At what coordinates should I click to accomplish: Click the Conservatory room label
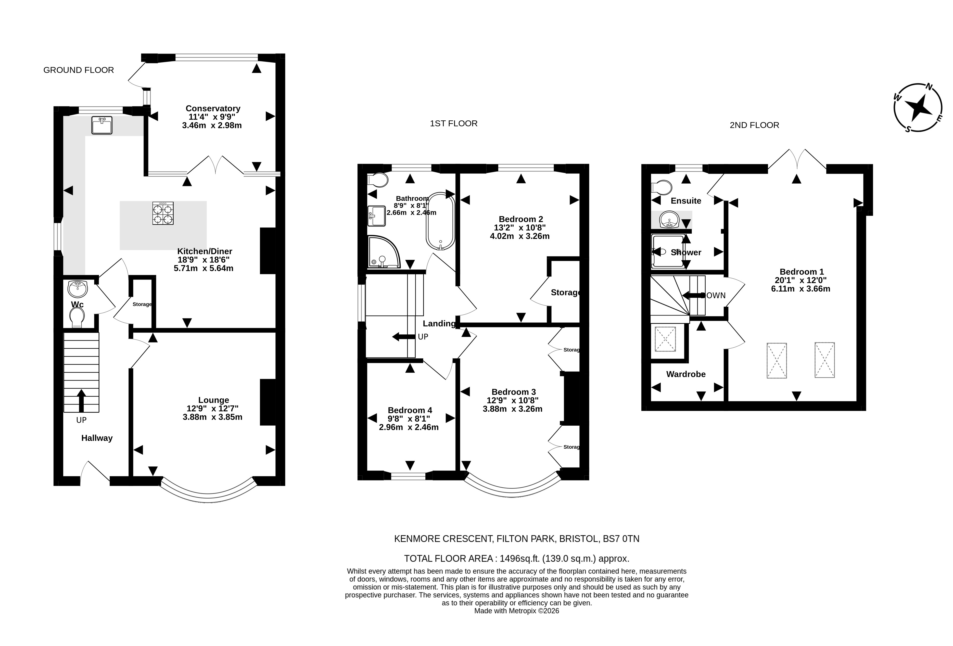(213, 108)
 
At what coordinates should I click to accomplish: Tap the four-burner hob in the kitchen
(163, 213)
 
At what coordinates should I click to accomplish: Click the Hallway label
(97, 438)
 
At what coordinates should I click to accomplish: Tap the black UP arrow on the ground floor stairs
(81, 401)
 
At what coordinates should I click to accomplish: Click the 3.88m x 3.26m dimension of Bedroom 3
(513, 409)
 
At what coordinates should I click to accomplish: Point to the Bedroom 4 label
(410, 410)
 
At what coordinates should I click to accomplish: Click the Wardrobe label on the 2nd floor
(686, 374)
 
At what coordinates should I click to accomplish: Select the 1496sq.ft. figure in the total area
(520, 558)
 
